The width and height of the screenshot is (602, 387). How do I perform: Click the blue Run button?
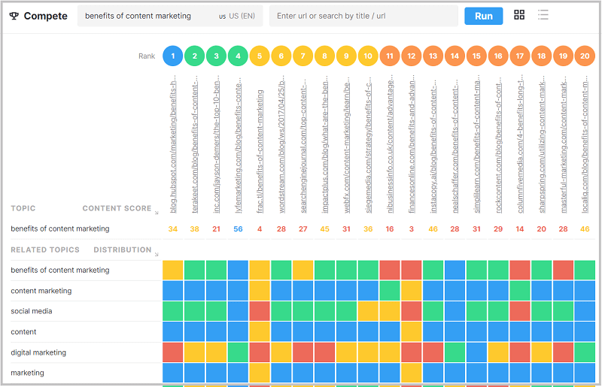[483, 16]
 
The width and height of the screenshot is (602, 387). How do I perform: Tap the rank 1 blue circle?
[173, 56]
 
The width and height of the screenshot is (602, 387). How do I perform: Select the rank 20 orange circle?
[585, 56]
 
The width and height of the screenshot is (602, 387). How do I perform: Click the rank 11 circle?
[390, 56]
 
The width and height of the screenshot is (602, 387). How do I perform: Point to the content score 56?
[238, 228]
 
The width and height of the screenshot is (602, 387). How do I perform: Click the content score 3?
[411, 228]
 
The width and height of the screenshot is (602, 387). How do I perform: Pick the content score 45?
[324, 228]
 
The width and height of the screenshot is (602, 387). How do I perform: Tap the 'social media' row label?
[32, 311]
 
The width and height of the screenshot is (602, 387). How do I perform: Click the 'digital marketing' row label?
[38, 352]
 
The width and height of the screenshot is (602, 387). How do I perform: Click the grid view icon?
[519, 15]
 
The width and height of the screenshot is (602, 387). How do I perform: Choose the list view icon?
[543, 15]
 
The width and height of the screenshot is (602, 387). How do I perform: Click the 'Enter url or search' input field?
[363, 16]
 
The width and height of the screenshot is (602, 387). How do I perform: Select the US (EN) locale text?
[236, 16]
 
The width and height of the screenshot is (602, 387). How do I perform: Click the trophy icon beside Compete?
[14, 16]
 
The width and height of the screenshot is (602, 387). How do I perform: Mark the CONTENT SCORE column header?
[117, 208]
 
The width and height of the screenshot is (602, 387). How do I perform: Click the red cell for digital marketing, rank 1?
[173, 352]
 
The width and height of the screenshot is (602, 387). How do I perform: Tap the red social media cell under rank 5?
[260, 311]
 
